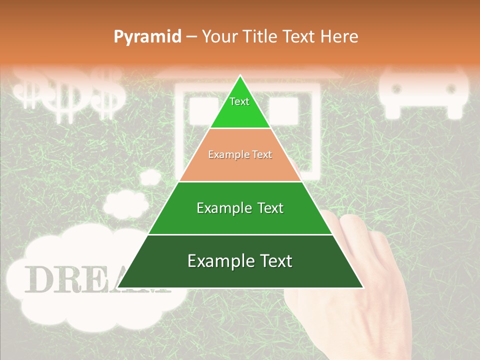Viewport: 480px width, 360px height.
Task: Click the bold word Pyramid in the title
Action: (147, 36)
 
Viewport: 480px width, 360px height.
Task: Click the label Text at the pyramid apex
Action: (239, 101)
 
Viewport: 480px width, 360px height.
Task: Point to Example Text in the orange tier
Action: (240, 154)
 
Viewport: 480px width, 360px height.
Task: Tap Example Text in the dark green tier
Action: (240, 261)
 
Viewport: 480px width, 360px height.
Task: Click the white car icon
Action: (424, 92)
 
